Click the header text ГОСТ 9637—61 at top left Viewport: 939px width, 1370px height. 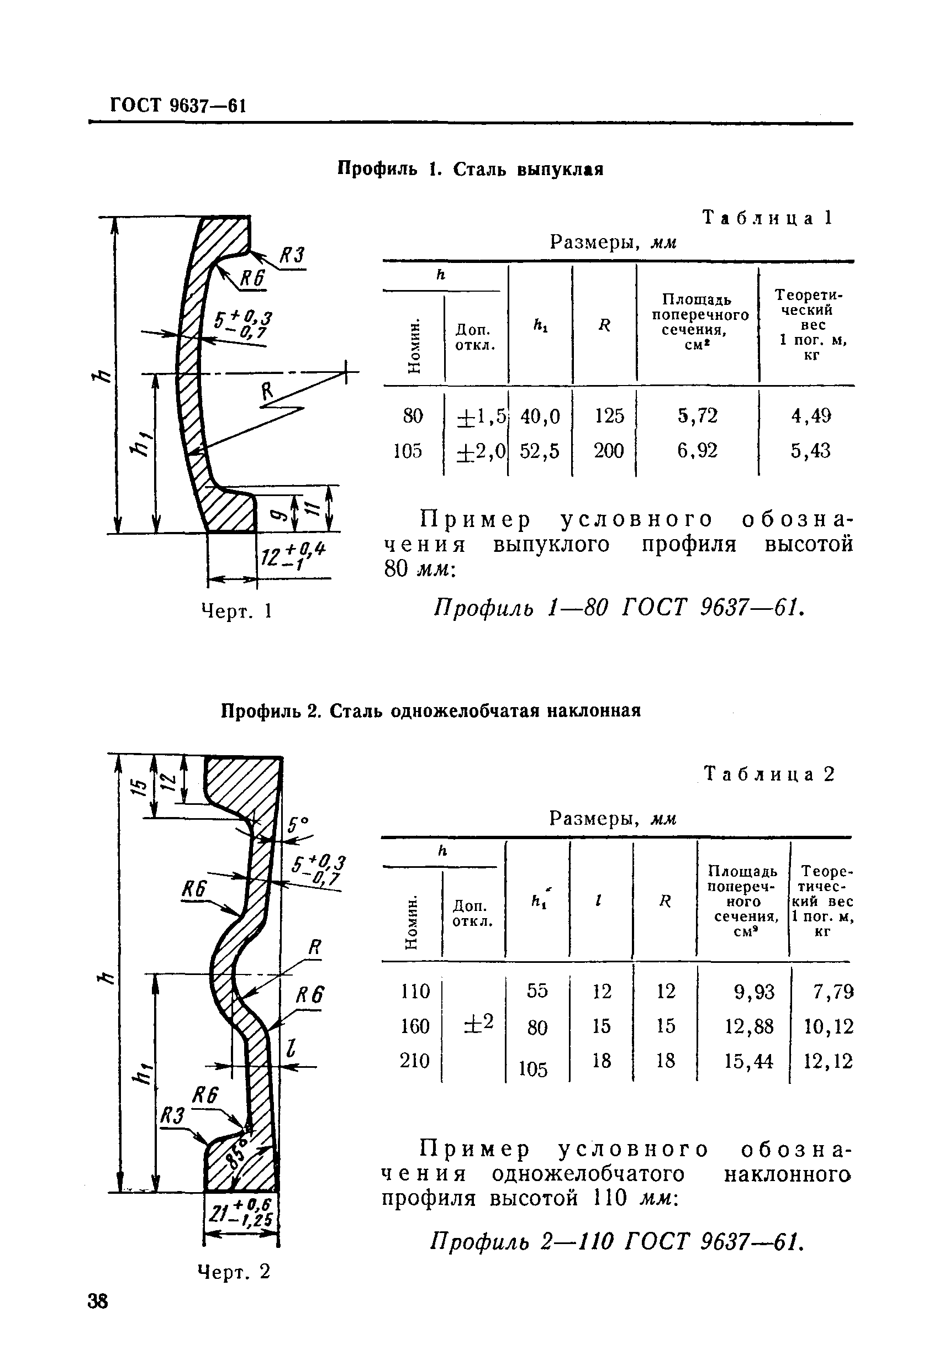[x=178, y=106]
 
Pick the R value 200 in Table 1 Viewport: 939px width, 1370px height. [x=608, y=451]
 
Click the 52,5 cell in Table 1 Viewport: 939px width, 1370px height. [x=539, y=451]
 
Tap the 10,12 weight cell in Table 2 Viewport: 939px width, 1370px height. [x=828, y=1027]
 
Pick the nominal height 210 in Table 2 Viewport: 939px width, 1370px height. [x=414, y=1061]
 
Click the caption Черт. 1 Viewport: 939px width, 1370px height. [x=236, y=612]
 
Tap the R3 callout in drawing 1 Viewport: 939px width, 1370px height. [x=291, y=256]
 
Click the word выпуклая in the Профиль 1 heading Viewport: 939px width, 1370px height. [x=560, y=170]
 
